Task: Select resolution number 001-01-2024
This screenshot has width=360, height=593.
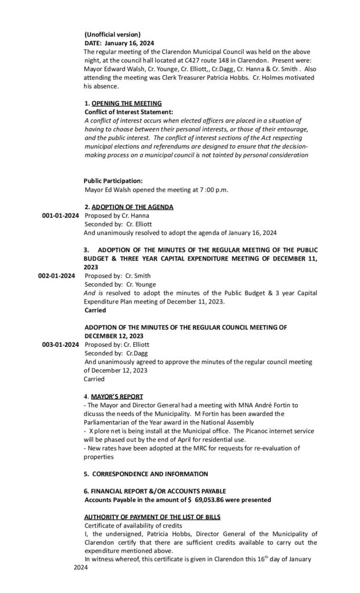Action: click(x=60, y=215)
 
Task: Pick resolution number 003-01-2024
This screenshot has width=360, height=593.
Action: click(x=60, y=345)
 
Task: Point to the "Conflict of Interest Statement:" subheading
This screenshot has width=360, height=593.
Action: click(x=128, y=111)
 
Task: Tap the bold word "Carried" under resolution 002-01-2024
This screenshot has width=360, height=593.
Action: click(x=95, y=310)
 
